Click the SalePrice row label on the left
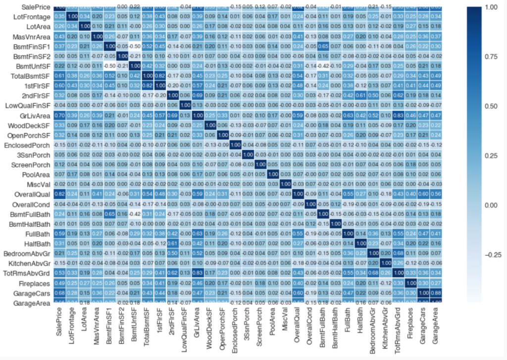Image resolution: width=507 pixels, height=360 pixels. click(29, 7)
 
